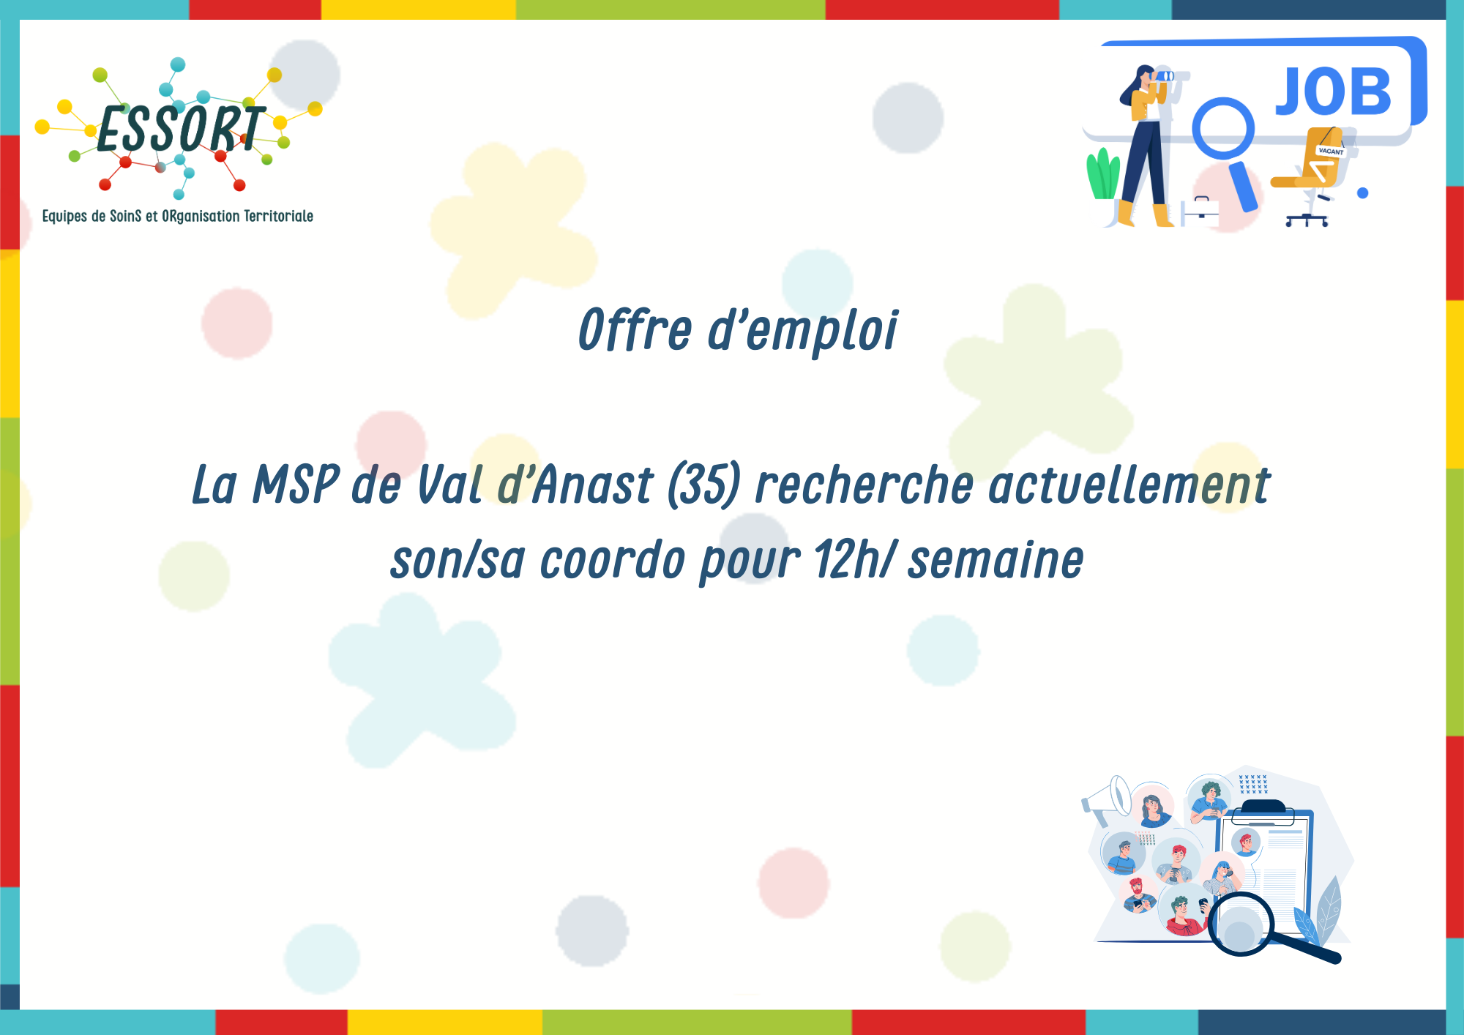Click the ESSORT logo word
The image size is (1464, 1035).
180,130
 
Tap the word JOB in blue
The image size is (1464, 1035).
1333,91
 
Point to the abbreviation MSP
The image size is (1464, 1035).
296,485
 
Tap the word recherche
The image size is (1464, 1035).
864,485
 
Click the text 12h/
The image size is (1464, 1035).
854,560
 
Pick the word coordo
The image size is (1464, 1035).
613,560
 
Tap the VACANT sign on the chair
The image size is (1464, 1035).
1331,151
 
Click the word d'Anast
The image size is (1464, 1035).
575,485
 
